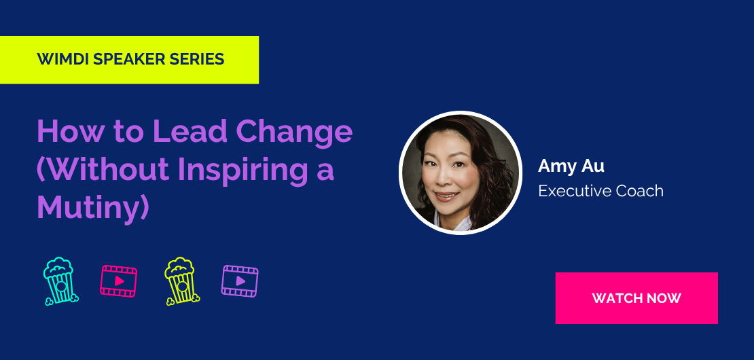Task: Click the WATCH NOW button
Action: (636, 298)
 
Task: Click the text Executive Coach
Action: (600, 191)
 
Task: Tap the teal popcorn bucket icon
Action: (60, 281)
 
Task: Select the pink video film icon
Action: (118, 281)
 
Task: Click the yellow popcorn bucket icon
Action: (182, 281)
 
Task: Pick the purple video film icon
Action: (240, 281)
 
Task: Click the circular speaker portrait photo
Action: (460, 173)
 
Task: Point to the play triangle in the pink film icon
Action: (120, 281)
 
